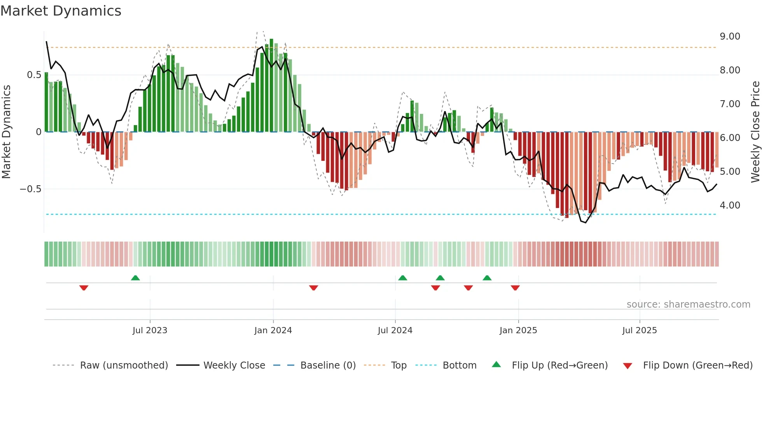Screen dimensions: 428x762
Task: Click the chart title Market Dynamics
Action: (x=61, y=11)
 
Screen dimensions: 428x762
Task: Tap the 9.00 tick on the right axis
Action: (x=730, y=37)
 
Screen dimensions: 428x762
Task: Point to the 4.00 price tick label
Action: (x=730, y=205)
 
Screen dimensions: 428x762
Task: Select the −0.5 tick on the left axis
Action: (x=30, y=189)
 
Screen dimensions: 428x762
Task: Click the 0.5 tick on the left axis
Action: (x=34, y=75)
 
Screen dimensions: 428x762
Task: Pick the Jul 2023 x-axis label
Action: (x=150, y=331)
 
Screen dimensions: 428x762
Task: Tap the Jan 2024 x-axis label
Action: (x=273, y=331)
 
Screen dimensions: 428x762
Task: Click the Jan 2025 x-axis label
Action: (x=518, y=331)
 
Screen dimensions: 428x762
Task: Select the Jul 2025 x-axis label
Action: (x=640, y=331)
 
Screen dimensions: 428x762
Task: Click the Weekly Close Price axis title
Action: (x=755, y=132)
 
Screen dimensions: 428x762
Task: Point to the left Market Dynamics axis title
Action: (x=6, y=132)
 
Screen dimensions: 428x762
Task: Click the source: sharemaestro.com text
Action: (x=688, y=304)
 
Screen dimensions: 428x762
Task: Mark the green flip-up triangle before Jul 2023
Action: (x=135, y=278)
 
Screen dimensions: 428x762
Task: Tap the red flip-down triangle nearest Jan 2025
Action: (x=515, y=288)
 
